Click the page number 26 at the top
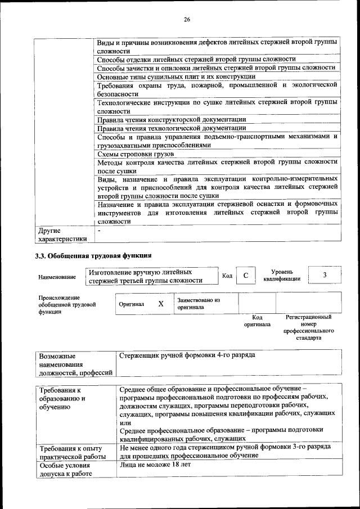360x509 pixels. (187, 20)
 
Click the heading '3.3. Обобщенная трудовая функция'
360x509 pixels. (93, 256)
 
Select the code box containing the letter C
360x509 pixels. (245, 275)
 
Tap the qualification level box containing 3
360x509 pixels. (325, 274)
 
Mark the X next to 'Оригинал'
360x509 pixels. (161, 304)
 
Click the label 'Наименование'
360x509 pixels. (57, 277)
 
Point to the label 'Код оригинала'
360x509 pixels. (256, 321)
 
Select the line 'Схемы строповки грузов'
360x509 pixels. (136, 154)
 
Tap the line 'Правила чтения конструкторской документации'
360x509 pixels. (172, 119)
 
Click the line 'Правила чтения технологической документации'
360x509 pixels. (171, 128)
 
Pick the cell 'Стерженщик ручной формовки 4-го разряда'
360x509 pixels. (188, 355)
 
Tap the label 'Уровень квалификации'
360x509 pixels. (282, 275)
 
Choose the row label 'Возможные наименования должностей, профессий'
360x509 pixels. (76, 364)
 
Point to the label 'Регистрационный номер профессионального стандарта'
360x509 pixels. (308, 328)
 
